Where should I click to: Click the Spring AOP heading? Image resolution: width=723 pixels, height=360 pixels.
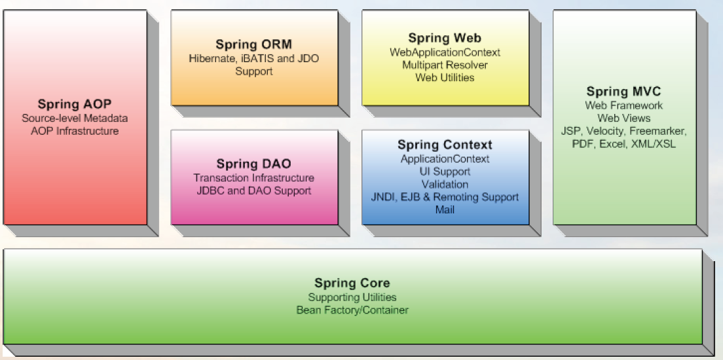click(75, 104)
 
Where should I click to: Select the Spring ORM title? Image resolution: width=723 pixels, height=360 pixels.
click(253, 45)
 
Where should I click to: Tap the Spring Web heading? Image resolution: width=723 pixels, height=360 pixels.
click(445, 39)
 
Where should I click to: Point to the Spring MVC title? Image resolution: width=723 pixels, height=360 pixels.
click(623, 92)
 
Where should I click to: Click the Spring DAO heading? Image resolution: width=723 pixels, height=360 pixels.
click(253, 164)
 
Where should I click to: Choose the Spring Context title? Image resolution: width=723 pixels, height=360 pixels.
click(445, 145)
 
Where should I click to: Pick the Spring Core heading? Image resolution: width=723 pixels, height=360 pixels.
click(352, 283)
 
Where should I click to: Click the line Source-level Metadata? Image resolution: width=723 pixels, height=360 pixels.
click(75, 118)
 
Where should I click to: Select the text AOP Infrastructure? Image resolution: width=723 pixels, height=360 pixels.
click(75, 131)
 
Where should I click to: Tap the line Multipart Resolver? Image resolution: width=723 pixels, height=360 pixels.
click(445, 65)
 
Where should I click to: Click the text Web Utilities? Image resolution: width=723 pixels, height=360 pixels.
click(445, 77)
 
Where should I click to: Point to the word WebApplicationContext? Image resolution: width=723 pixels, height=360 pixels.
click(445, 52)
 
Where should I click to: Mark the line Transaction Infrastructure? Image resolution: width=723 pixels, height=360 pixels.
click(253, 178)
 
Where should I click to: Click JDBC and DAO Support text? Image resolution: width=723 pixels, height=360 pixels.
click(253, 190)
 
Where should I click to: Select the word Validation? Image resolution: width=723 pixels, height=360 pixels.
click(445, 184)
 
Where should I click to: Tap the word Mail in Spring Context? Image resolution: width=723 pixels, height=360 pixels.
click(445, 209)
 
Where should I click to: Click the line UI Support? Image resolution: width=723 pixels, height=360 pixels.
click(445, 171)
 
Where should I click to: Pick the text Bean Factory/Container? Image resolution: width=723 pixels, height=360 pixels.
click(352, 310)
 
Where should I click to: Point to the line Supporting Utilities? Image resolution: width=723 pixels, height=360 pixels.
click(352, 297)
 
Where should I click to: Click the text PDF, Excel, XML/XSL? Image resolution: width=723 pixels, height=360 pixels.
click(623, 143)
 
